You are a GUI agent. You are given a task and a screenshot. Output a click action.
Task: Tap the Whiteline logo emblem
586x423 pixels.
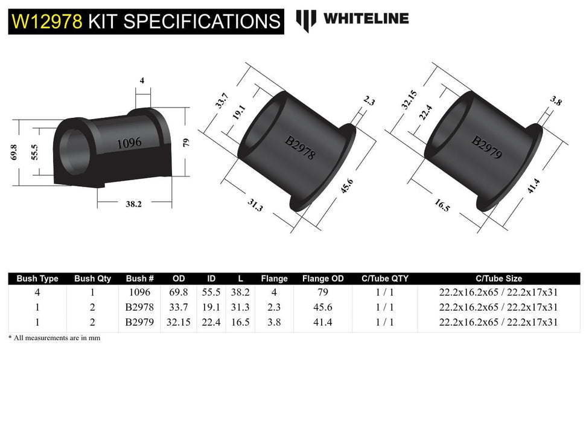pos(306,19)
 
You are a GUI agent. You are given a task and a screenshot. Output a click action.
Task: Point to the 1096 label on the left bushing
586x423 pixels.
pos(129,143)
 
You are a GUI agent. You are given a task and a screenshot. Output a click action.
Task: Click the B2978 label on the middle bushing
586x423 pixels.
pos(300,147)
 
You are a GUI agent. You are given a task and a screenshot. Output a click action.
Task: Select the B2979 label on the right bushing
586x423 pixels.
pos(486,147)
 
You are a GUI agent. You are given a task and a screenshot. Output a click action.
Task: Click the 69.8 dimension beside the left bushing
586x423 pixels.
pos(14,152)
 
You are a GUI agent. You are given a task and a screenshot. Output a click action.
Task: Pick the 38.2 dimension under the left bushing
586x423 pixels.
pos(133,204)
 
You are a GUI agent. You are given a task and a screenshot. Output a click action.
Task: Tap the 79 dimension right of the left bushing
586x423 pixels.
pos(186,143)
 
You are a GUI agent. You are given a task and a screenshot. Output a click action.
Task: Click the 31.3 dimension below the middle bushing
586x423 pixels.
pos(255,207)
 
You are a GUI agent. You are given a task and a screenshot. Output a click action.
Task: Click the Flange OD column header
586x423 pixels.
pos(323,279)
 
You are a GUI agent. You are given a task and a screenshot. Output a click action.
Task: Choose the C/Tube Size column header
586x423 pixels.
pos(498,279)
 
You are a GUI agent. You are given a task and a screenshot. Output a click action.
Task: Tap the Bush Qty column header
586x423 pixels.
pos(92,279)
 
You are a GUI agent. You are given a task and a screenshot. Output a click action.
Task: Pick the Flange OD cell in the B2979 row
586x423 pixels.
pos(323,322)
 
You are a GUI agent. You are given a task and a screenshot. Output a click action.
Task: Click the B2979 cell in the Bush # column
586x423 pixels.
pos(139,322)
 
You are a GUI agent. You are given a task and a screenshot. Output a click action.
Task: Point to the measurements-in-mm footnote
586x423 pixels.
pos(54,338)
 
